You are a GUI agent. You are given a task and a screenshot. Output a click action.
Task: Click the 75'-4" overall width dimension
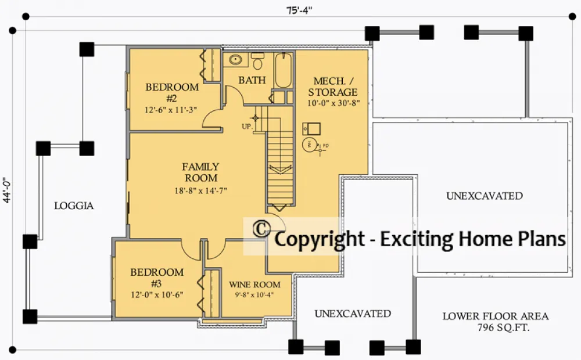click(299, 10)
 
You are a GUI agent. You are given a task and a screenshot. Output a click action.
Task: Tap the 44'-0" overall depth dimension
click(7, 190)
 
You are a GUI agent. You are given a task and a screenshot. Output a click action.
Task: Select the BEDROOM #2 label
click(172, 92)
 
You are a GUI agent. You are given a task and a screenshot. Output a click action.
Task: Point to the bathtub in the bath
click(284, 70)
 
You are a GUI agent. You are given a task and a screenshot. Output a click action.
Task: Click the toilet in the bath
click(257, 61)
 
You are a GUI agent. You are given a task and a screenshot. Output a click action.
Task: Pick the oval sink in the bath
click(235, 59)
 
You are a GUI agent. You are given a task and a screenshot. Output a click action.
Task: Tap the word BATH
click(252, 80)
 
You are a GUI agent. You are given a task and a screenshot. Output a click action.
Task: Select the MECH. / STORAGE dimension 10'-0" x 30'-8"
click(333, 103)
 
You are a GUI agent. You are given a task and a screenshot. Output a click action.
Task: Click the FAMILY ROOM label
click(201, 172)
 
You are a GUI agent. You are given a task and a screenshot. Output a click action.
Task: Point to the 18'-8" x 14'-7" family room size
click(201, 190)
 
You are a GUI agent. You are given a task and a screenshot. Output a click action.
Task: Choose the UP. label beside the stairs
click(247, 127)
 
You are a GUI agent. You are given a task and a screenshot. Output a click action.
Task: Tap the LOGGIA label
click(74, 206)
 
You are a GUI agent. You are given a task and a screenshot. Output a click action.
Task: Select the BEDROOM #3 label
click(157, 278)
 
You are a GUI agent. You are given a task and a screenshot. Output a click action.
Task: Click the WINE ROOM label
click(254, 285)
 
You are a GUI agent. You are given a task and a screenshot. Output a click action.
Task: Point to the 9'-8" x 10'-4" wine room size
click(254, 295)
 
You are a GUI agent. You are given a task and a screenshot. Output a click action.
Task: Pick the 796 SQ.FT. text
click(503, 327)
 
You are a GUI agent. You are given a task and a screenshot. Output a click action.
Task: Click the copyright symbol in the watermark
click(261, 229)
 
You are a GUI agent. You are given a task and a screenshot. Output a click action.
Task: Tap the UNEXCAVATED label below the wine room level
click(353, 314)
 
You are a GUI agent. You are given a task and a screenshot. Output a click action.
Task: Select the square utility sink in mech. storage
click(311, 129)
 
